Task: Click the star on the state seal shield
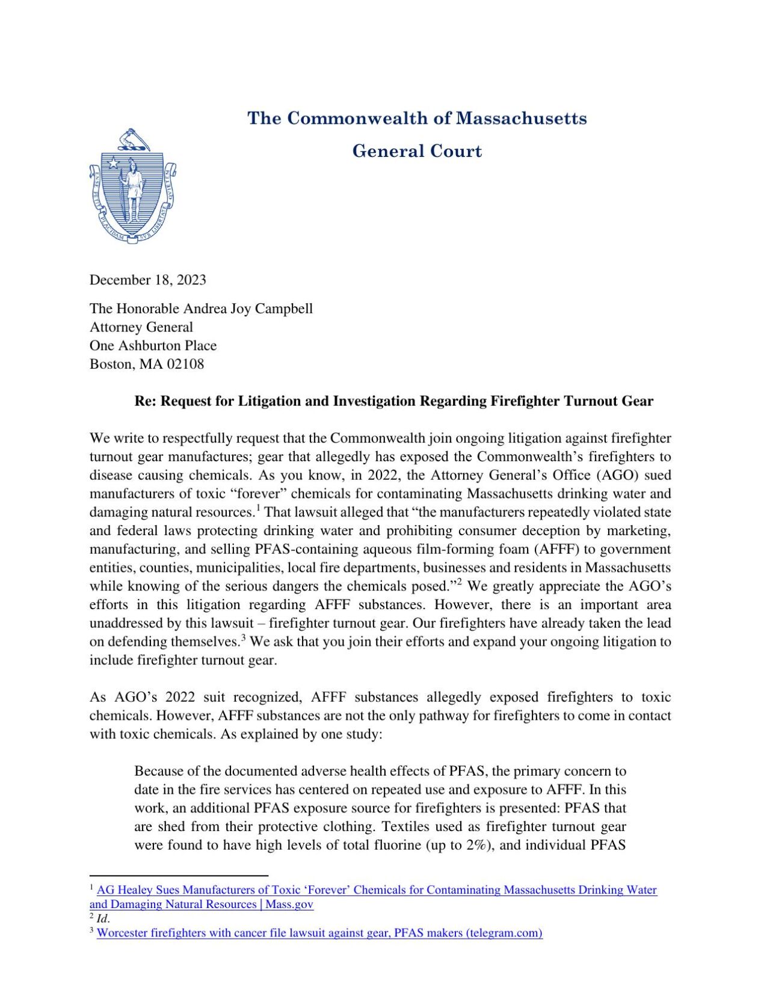(112, 162)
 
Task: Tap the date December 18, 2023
(147, 280)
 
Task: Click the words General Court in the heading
(417, 151)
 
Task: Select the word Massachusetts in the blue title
(521, 118)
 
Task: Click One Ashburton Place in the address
(153, 345)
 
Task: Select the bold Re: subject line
(393, 401)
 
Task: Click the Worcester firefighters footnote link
(319, 933)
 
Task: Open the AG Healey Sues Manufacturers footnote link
(376, 889)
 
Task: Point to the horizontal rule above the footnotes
(178, 876)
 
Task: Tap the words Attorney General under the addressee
(141, 327)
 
